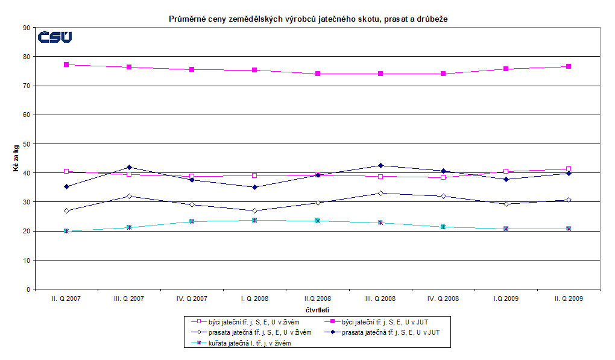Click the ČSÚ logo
click(55, 37)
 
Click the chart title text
click(307, 19)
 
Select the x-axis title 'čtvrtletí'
click(317, 311)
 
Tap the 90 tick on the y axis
click(27, 28)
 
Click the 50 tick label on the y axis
click(27, 144)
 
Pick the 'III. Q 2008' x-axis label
click(380, 298)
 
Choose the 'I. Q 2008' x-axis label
click(254, 298)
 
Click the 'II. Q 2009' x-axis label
click(569, 298)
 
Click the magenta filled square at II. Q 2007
click(66, 65)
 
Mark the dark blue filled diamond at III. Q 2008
click(380, 165)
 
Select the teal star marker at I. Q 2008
click(254, 220)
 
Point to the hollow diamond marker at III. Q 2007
click(129, 196)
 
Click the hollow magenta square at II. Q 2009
click(569, 169)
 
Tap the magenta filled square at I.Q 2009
click(506, 69)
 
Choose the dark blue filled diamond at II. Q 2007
click(66, 186)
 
